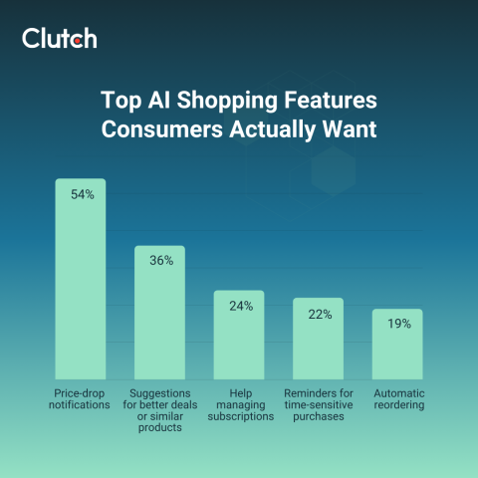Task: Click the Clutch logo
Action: [x=59, y=39]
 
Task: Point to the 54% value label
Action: [x=82, y=195]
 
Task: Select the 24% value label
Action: [x=240, y=306]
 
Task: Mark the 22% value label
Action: [x=319, y=314]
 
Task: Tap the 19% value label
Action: [x=398, y=324]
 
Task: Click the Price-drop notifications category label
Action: [x=81, y=399]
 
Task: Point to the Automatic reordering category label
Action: [x=397, y=399]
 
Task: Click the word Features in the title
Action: [x=319, y=103]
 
